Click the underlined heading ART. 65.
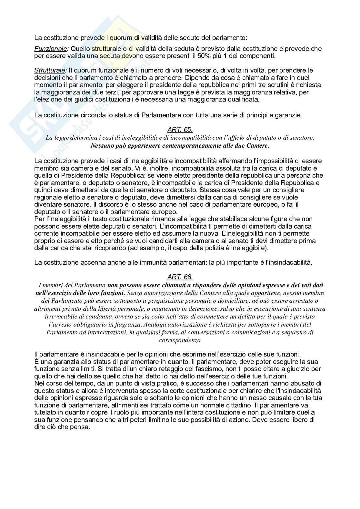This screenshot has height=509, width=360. (180, 130)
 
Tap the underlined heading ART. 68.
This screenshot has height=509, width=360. (180, 277)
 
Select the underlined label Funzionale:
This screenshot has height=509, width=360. (51, 49)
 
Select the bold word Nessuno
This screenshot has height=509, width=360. (102, 145)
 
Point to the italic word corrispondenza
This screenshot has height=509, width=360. (180, 339)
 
